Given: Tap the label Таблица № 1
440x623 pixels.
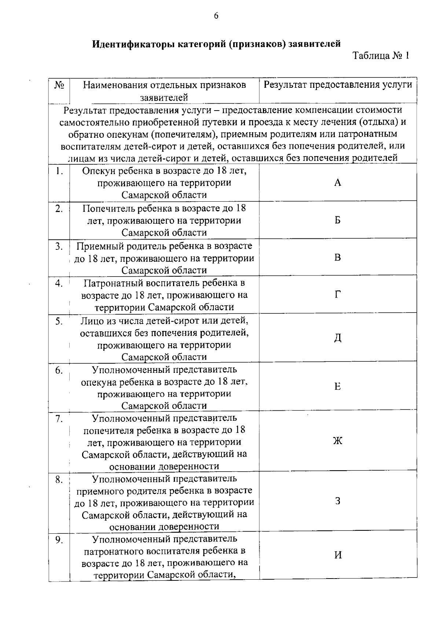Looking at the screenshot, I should (380, 56).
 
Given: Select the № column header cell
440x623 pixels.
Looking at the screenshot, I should (59, 85).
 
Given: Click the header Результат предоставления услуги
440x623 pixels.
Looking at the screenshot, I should (338, 85).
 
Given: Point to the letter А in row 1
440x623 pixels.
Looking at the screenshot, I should (338, 183).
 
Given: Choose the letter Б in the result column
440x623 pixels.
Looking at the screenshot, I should (338, 220).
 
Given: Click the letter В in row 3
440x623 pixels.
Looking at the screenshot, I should (338, 258).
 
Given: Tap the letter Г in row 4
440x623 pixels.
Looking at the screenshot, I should (338, 295).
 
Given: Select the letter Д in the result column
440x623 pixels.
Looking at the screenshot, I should (338, 338).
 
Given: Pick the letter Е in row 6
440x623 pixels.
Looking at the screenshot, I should (338, 387).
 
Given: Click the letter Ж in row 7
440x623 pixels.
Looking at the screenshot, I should (338, 441).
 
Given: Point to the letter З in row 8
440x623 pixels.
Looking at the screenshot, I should (338, 501).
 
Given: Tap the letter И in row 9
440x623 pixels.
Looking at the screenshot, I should (338, 555).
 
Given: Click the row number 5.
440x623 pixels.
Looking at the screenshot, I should (59, 321).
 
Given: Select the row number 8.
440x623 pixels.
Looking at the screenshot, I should (59, 480).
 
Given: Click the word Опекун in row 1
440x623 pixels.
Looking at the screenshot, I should (97, 171).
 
